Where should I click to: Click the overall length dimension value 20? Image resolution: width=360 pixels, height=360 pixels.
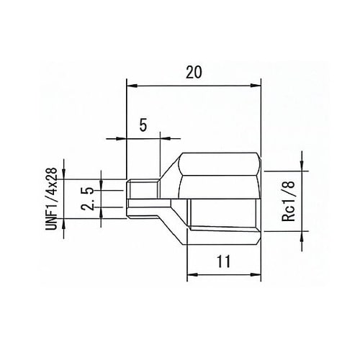pyautogui.click(x=193, y=73)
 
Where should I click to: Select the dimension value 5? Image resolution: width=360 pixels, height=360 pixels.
pyautogui.click(x=143, y=125)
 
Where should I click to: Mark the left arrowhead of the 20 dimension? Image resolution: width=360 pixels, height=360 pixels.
pyautogui.click(x=130, y=86)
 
